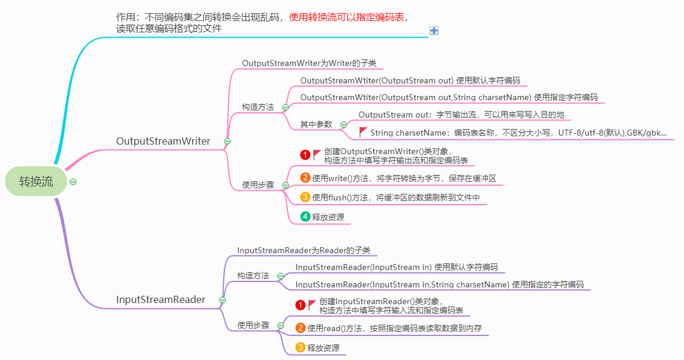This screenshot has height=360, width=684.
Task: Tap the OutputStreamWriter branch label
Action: pyautogui.click(x=163, y=141)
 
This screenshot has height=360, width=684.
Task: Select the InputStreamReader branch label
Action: pyautogui.click(x=161, y=299)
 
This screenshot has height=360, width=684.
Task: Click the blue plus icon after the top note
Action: pyautogui.click(x=434, y=31)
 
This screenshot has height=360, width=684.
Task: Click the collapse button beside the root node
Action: pyautogui.click(x=73, y=182)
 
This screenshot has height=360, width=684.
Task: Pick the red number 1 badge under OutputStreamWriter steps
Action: pyautogui.click(x=305, y=155)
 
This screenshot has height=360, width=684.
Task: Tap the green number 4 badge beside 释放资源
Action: pyautogui.click(x=305, y=217)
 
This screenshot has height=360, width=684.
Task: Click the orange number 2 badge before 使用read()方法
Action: pyautogui.click(x=301, y=328)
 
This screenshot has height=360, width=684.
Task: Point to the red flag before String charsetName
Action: pyautogui.click(x=363, y=131)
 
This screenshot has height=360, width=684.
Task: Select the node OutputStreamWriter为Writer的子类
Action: pyautogui.click(x=309, y=63)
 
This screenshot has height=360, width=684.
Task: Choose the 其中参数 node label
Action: pyautogui.click(x=316, y=124)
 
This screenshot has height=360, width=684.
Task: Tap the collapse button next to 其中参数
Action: pyautogui.click(x=344, y=124)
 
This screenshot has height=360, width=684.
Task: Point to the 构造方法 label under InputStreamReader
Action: pyautogui.click(x=253, y=275)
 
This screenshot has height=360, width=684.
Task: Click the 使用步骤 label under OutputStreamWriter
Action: pyautogui.click(x=258, y=185)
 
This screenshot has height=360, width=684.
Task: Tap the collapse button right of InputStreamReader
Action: pyautogui.click(x=223, y=299)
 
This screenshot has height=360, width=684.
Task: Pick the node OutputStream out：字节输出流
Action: pyautogui.click(x=461, y=115)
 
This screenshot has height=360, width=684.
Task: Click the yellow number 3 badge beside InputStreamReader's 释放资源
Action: pyautogui.click(x=301, y=347)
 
